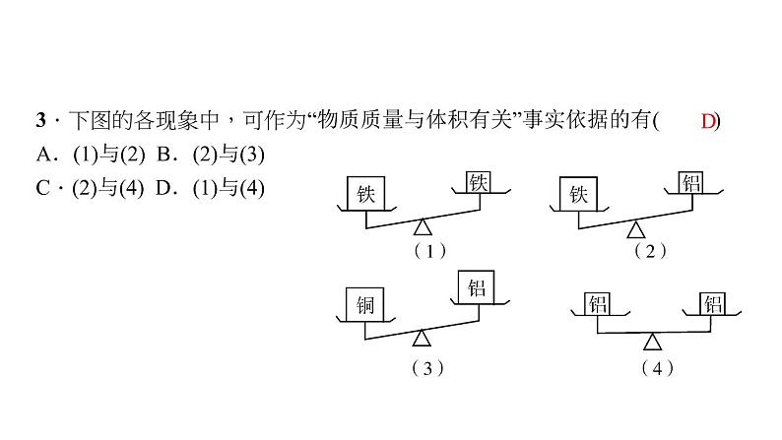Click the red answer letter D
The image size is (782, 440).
coord(709,121)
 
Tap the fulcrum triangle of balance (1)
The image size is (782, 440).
coord(422,228)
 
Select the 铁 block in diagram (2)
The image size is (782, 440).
coord(577,194)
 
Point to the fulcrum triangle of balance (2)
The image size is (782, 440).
coord(636,229)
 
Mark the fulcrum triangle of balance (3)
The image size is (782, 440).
coord(423,338)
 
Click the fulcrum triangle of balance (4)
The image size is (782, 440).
coord(652,341)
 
